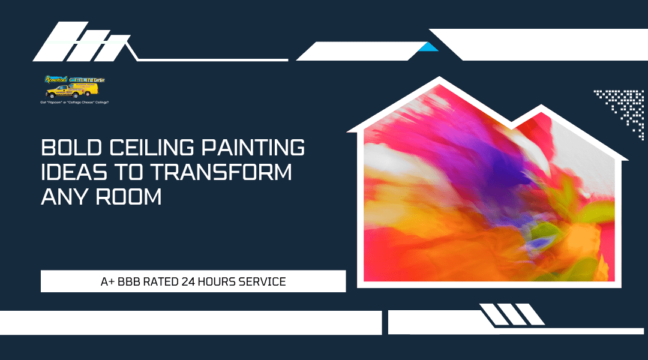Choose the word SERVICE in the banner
pos(263,281)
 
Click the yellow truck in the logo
pos(60,92)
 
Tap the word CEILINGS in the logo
pos(88,79)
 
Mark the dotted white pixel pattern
pos(621,111)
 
